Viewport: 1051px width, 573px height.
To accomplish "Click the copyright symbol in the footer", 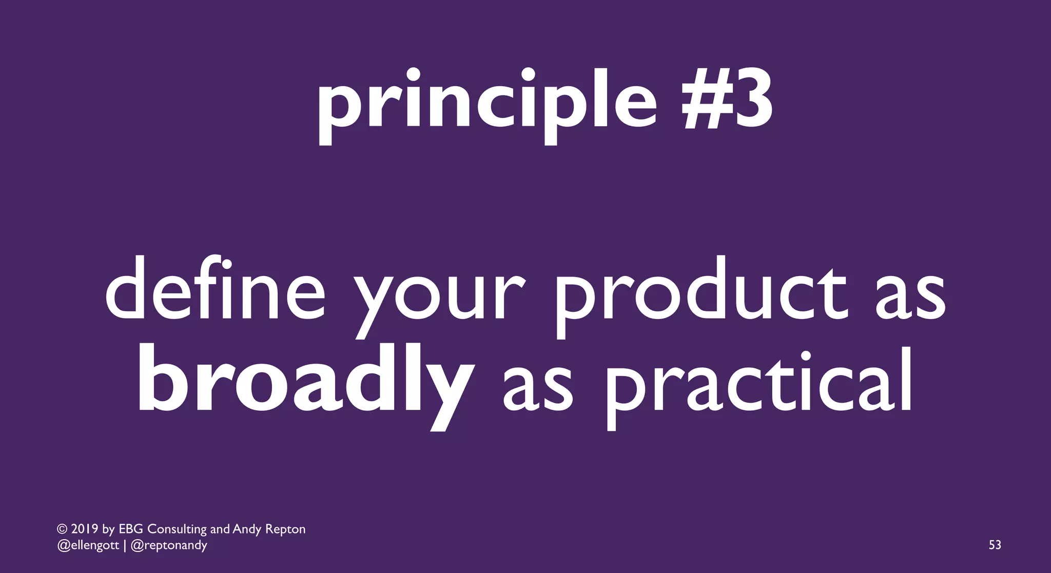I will coord(62,529).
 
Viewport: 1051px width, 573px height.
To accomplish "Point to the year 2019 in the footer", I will coord(84,529).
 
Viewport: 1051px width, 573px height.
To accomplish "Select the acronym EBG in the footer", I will coord(130,529).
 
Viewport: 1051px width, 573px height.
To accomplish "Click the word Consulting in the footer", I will coord(177,529).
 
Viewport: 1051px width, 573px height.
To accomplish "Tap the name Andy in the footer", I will coord(247,529).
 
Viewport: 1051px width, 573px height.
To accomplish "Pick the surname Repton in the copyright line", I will coord(285,529).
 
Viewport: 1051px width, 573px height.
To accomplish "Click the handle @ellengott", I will coord(88,545).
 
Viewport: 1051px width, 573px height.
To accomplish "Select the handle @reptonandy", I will coord(169,545).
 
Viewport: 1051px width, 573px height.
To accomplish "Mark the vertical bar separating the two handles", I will coord(125,545).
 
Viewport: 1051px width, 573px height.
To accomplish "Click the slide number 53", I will coord(995,545).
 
